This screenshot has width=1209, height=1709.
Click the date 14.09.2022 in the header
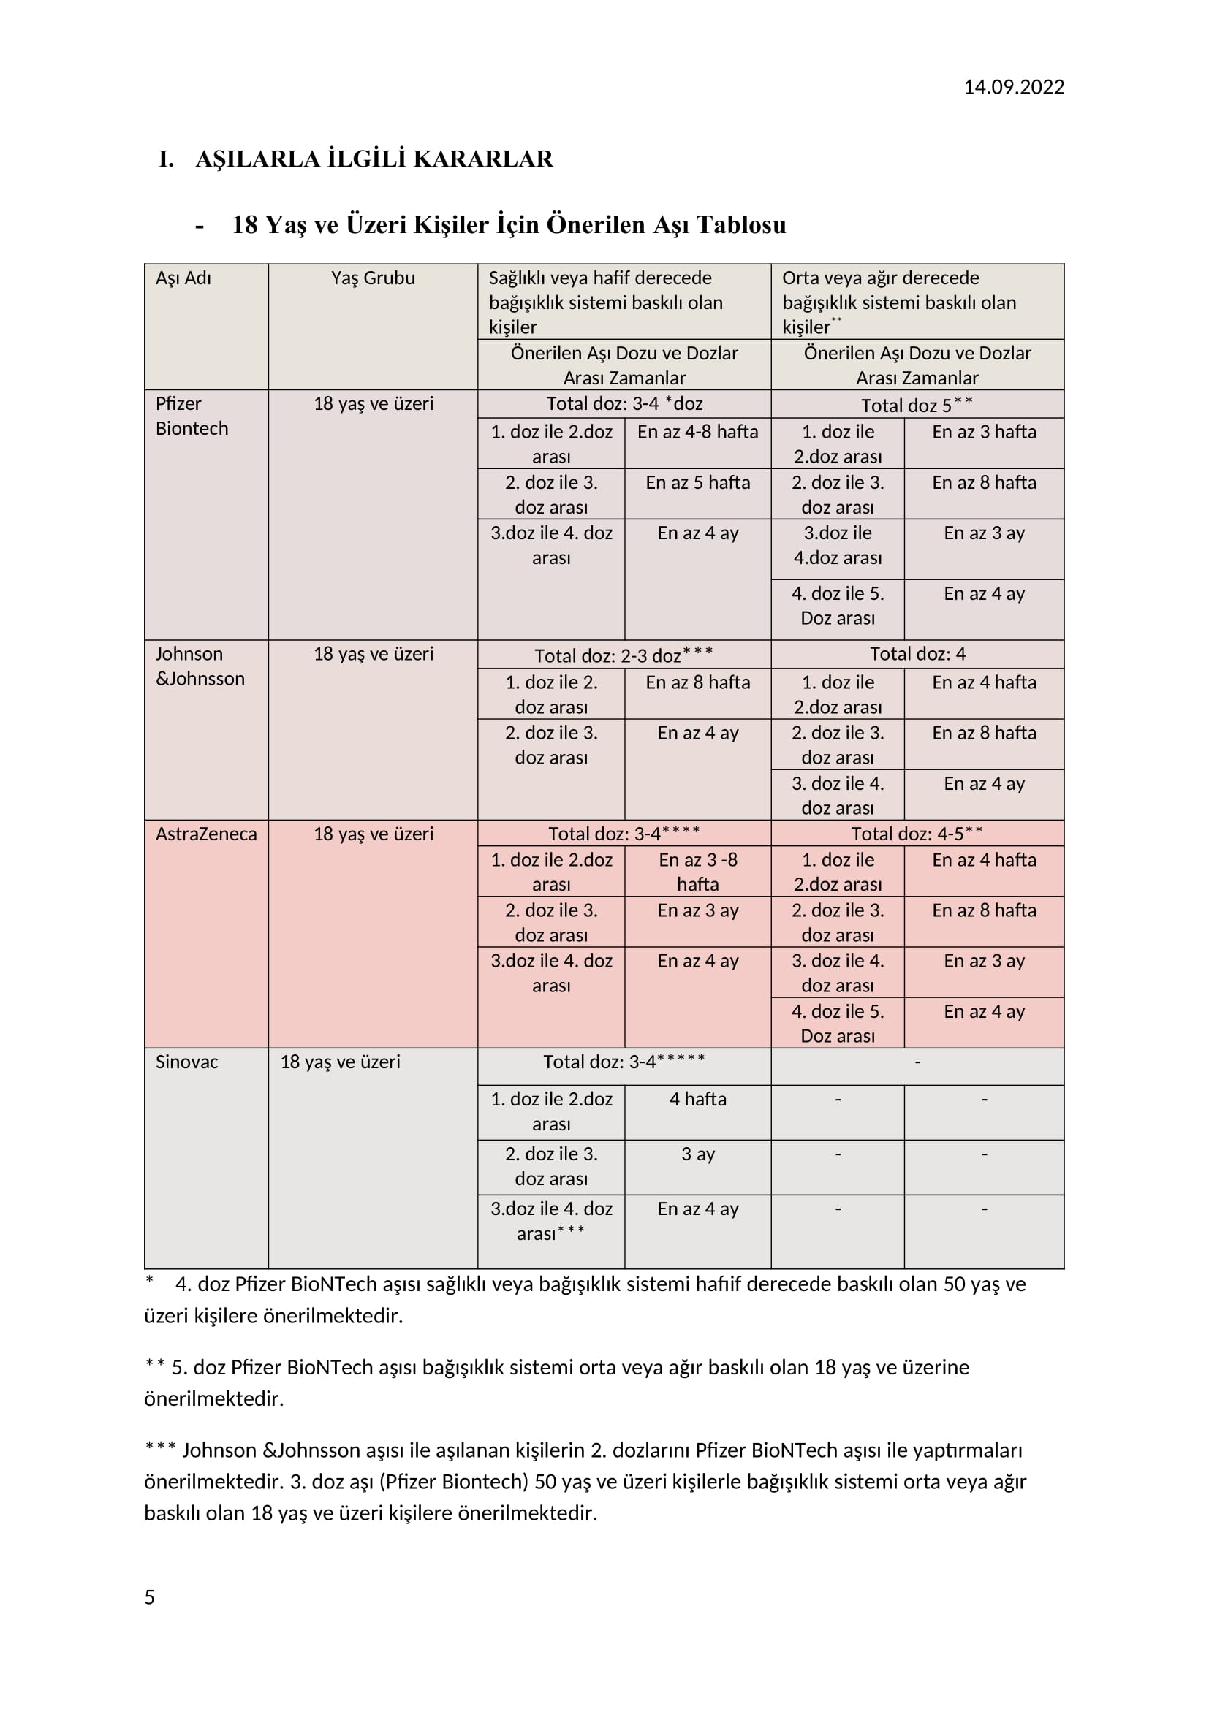1013,87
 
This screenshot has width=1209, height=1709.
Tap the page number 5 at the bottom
150,1596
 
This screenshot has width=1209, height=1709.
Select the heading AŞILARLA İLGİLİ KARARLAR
374,159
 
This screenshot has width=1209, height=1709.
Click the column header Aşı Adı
183,278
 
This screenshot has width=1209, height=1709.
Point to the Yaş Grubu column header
373,278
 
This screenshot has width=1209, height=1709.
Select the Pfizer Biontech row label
192,415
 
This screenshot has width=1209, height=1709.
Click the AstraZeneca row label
205,834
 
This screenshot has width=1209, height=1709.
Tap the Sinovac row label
186,1062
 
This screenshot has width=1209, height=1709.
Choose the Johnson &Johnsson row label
200,666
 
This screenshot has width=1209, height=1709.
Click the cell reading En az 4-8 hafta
697,432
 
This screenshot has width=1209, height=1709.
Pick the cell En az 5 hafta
697,482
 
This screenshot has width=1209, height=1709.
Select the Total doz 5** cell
917,404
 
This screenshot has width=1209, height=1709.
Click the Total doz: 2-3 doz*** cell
624,655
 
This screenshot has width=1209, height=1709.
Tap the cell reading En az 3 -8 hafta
697,872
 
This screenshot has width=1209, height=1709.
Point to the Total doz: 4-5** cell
917,834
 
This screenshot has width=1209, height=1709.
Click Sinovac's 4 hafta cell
697,1099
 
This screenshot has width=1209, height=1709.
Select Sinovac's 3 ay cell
697,1154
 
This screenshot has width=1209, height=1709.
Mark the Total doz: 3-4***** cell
624,1062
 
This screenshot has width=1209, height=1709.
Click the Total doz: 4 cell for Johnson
917,653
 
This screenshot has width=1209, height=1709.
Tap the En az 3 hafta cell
983,432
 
